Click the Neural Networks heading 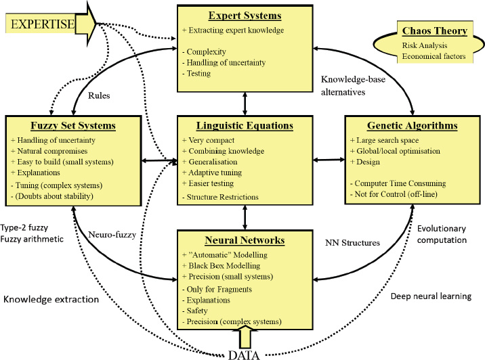245,240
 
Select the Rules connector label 100,95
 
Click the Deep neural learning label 430,296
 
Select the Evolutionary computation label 442,235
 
